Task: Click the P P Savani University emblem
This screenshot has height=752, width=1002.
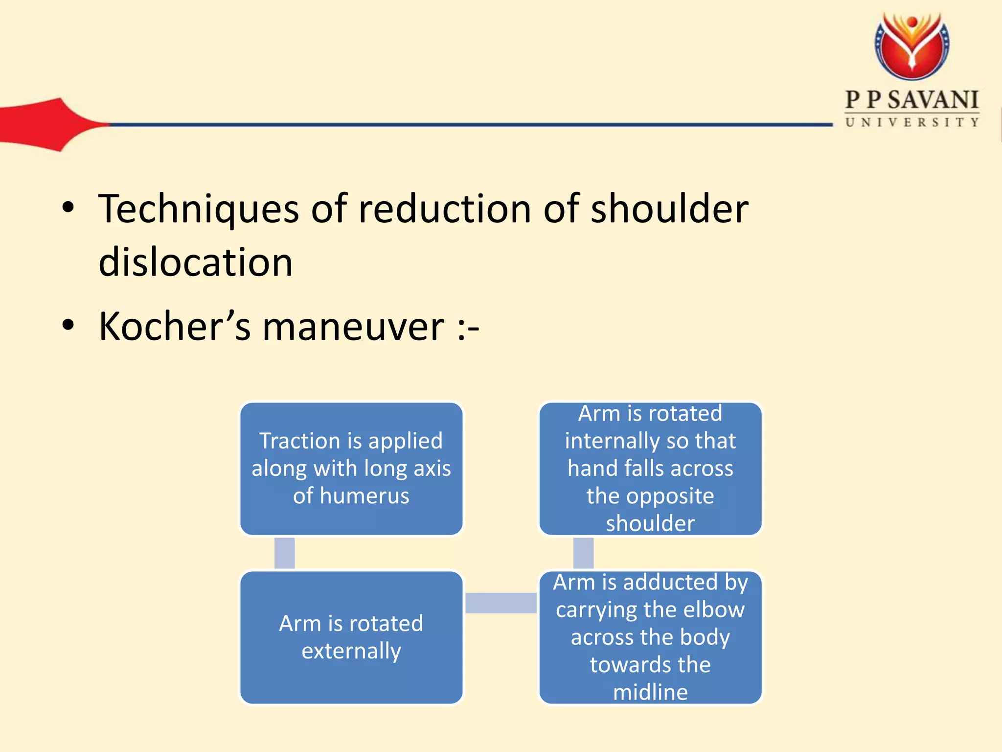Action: [912, 47]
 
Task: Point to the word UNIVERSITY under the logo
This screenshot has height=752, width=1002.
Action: [912, 122]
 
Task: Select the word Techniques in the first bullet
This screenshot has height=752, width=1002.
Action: [198, 210]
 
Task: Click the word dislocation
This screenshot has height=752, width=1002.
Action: [195, 262]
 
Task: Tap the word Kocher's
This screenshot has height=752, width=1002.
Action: [174, 327]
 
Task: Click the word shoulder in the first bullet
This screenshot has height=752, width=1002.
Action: [669, 210]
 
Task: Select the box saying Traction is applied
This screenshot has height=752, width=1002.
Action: [351, 469]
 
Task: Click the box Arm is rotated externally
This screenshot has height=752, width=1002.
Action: [351, 637]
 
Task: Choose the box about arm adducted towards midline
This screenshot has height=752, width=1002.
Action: [650, 637]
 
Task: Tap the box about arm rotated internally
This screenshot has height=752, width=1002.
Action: [650, 469]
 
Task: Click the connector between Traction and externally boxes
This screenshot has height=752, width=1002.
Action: [284, 553]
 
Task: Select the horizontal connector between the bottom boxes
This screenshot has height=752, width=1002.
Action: [501, 603]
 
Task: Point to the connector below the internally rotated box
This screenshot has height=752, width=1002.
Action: [583, 553]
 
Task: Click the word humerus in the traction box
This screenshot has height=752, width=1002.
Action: [364, 496]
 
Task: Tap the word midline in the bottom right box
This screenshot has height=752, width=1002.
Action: [650, 692]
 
